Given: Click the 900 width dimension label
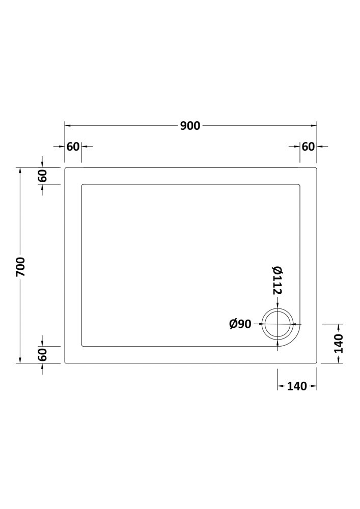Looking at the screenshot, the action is pyautogui.click(x=190, y=126).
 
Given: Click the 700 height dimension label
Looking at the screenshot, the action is pyautogui.click(x=20, y=267).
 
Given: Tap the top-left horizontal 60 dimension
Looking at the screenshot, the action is pyautogui.click(x=73, y=147).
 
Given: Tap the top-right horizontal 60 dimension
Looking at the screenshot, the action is pyautogui.click(x=308, y=147).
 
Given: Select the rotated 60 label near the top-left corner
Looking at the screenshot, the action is pyautogui.click(x=43, y=176).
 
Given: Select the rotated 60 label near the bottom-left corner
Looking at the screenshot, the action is pyautogui.click(x=43, y=354).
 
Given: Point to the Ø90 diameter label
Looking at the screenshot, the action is pyautogui.click(x=240, y=324).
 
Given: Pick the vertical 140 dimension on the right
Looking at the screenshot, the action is pyautogui.click(x=339, y=344).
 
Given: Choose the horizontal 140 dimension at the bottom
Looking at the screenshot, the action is pyautogui.click(x=297, y=386).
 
